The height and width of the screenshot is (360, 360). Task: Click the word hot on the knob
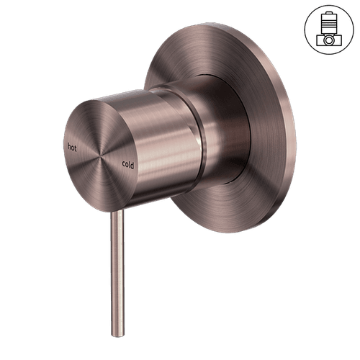click(x=71, y=145)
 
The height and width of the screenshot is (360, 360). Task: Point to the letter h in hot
click(x=68, y=145)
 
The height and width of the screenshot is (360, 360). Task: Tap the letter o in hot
click(x=72, y=146)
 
